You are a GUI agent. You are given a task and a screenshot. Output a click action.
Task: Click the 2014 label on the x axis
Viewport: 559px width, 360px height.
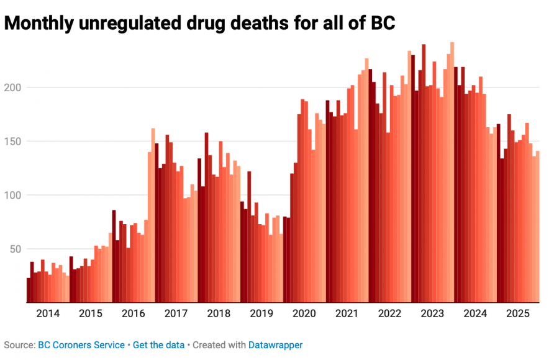[48, 313]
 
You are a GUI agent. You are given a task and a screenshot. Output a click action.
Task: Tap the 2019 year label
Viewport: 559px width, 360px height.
[261, 313]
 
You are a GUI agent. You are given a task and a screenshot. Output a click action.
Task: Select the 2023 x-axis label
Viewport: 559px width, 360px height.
[432, 313]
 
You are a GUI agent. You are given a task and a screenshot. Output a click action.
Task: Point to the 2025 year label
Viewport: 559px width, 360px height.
[518, 313]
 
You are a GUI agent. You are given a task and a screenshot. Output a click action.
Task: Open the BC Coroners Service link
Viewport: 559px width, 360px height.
[81, 344]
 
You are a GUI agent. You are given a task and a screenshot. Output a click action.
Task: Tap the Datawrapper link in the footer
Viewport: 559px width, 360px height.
[275, 344]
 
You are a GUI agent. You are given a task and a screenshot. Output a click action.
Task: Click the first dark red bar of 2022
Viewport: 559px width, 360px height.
[370, 186]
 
